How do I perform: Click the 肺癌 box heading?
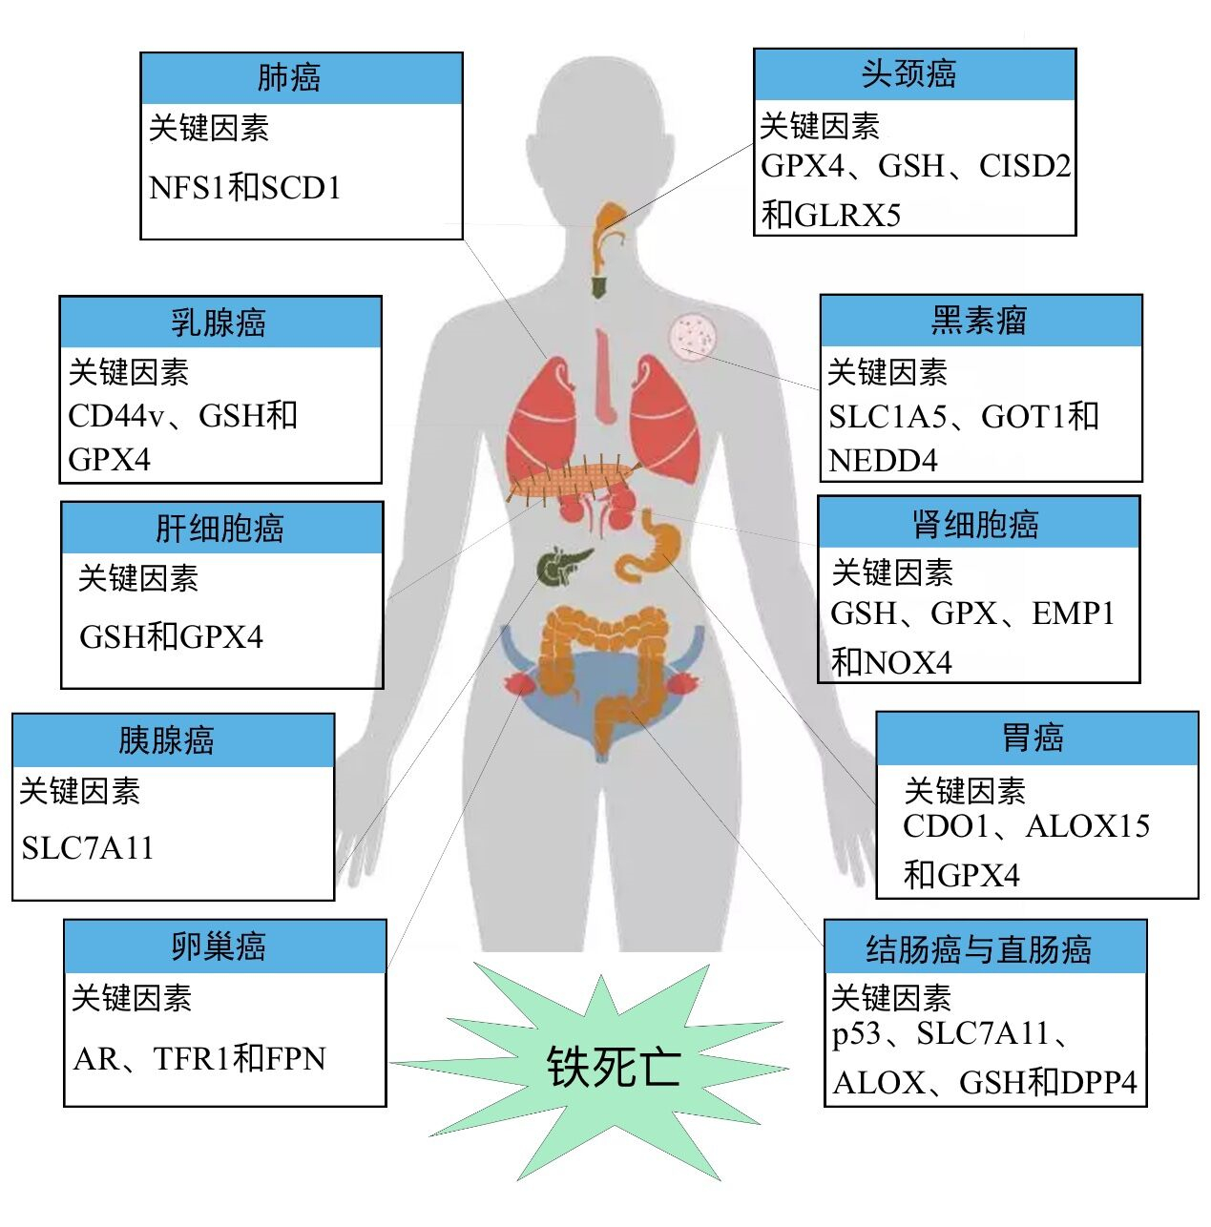tap(288, 78)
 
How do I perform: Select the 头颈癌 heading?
tap(908, 74)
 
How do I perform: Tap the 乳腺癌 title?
tap(219, 322)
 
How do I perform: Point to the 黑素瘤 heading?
tap(979, 321)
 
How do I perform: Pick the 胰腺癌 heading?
tap(166, 740)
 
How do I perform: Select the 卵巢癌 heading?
tap(219, 946)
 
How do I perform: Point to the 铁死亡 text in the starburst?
tap(613, 1067)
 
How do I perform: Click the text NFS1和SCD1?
tap(245, 188)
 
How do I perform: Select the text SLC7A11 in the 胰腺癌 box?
tap(88, 848)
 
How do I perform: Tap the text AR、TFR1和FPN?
tap(199, 1058)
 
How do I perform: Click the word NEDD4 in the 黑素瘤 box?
tap(883, 461)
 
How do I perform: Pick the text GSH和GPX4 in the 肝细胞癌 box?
tap(171, 637)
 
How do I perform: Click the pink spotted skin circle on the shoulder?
tap(693, 337)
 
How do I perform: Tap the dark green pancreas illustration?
tap(558, 568)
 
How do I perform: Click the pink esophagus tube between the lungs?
tap(604, 377)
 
